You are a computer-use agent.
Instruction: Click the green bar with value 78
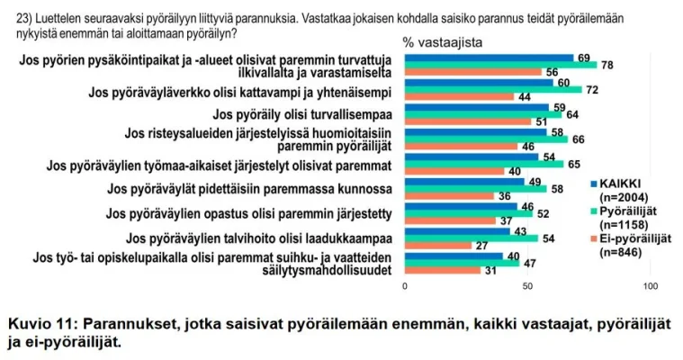[499, 65]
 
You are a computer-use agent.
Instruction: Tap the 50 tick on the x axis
[527, 286]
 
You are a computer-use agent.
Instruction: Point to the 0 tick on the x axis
[405, 286]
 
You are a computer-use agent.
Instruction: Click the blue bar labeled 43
[457, 231]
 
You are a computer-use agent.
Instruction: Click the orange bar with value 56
[472, 72]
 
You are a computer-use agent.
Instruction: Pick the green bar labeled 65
[484, 164]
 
